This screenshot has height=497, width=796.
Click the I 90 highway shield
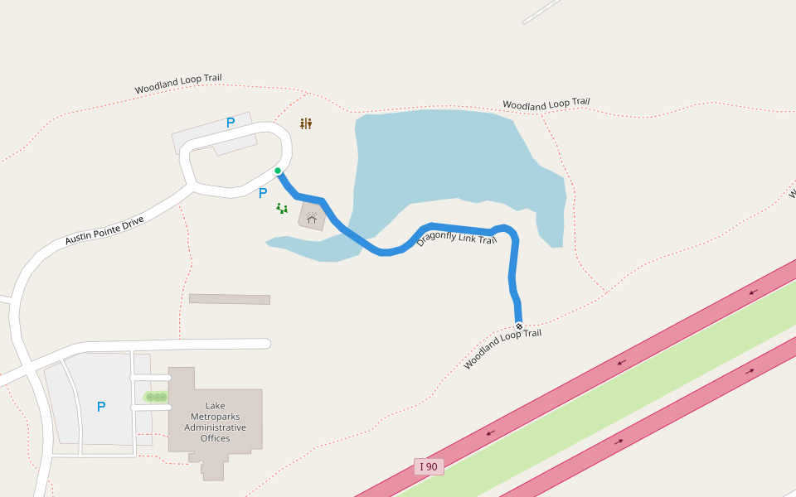coord(429,466)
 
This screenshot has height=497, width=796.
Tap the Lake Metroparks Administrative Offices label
coord(216,422)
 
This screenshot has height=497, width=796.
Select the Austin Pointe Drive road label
coord(104,230)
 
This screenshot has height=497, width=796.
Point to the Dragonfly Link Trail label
coord(456,238)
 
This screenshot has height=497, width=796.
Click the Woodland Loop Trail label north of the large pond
coord(546,104)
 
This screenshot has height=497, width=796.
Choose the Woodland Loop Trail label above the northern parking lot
coord(178,84)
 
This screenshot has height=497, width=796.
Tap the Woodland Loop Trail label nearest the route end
coord(502,349)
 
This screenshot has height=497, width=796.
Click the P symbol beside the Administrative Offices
coord(101,407)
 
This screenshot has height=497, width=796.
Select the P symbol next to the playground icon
coord(263,193)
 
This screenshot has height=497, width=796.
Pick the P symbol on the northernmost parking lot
coord(231,123)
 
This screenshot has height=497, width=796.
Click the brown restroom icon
coord(306,123)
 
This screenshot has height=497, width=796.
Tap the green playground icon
coord(282,209)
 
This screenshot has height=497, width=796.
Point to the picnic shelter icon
coord(312,218)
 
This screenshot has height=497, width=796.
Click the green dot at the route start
coord(278,171)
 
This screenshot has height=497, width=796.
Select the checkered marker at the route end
coord(519,326)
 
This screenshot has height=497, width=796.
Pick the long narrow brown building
coord(230,299)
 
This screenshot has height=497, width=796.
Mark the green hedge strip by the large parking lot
coord(155,397)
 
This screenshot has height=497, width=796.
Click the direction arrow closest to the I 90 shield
coord(490,432)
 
